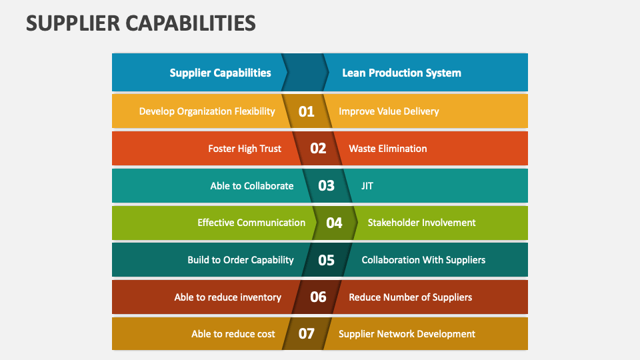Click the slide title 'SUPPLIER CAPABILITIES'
click(141, 23)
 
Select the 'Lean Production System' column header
click(401, 73)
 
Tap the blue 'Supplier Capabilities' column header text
click(221, 73)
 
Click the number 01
click(306, 111)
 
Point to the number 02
click(318, 149)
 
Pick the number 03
click(326, 186)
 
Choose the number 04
click(334, 223)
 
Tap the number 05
click(326, 260)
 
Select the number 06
click(318, 297)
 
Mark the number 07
click(306, 334)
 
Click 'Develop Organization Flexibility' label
click(207, 112)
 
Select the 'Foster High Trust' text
click(245, 149)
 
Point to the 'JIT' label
click(367, 186)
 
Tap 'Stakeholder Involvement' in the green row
click(421, 223)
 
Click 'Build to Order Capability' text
click(241, 261)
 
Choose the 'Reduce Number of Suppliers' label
click(410, 297)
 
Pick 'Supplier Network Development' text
click(407, 334)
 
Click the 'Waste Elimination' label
click(388, 149)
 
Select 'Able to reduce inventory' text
click(228, 297)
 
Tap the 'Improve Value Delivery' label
click(389, 112)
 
